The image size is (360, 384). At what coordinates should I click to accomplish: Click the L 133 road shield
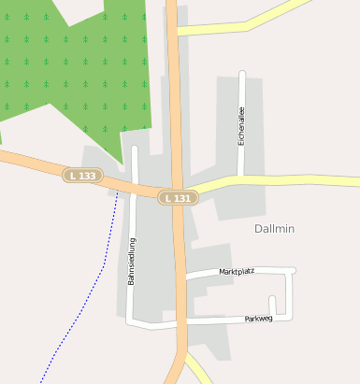pyautogui.click(x=82, y=175)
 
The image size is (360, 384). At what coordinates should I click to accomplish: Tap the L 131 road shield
pyautogui.click(x=176, y=198)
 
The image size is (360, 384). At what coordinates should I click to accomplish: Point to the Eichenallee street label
pyautogui.click(x=241, y=127)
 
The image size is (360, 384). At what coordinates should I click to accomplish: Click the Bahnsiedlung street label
pyautogui.click(x=132, y=261)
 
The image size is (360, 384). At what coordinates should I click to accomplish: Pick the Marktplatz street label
pyautogui.click(x=237, y=272)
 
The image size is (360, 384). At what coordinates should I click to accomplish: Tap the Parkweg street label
pyautogui.click(x=257, y=319)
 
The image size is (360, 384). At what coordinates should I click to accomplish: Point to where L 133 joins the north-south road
pyautogui.click(x=175, y=192)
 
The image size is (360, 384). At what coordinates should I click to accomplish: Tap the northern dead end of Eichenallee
pyautogui.click(x=241, y=74)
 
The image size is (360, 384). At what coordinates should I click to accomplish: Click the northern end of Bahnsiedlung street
pyautogui.click(x=134, y=149)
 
